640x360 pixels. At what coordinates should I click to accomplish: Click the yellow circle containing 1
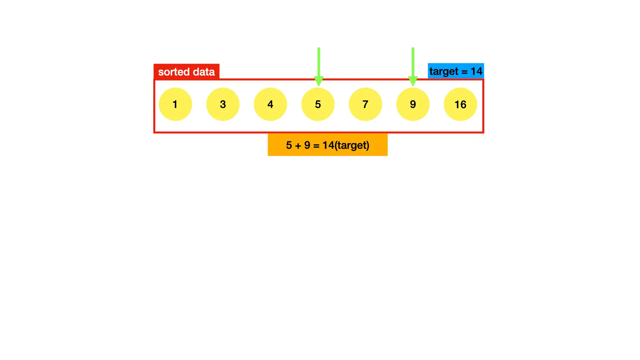(x=175, y=104)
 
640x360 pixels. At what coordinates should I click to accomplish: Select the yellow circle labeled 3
(x=223, y=104)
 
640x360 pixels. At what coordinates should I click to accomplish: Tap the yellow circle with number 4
(x=270, y=104)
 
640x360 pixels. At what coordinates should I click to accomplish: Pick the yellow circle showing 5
(x=318, y=104)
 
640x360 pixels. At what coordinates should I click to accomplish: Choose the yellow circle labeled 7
(x=365, y=104)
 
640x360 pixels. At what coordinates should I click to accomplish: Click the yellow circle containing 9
(x=413, y=104)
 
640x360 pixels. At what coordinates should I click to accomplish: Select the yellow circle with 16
(x=460, y=104)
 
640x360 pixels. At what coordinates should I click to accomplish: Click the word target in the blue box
(x=444, y=71)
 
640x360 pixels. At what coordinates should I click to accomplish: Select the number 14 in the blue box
(x=476, y=71)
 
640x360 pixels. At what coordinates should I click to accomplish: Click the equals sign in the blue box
(x=464, y=72)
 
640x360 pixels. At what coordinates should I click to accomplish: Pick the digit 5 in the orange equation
(x=289, y=145)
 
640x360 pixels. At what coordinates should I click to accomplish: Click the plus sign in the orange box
(x=298, y=146)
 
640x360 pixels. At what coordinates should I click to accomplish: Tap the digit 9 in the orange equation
(x=307, y=145)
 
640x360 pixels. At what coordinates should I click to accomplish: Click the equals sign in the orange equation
(x=316, y=146)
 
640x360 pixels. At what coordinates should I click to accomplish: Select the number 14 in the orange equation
(x=328, y=145)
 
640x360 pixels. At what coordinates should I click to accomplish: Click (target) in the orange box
(x=352, y=145)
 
